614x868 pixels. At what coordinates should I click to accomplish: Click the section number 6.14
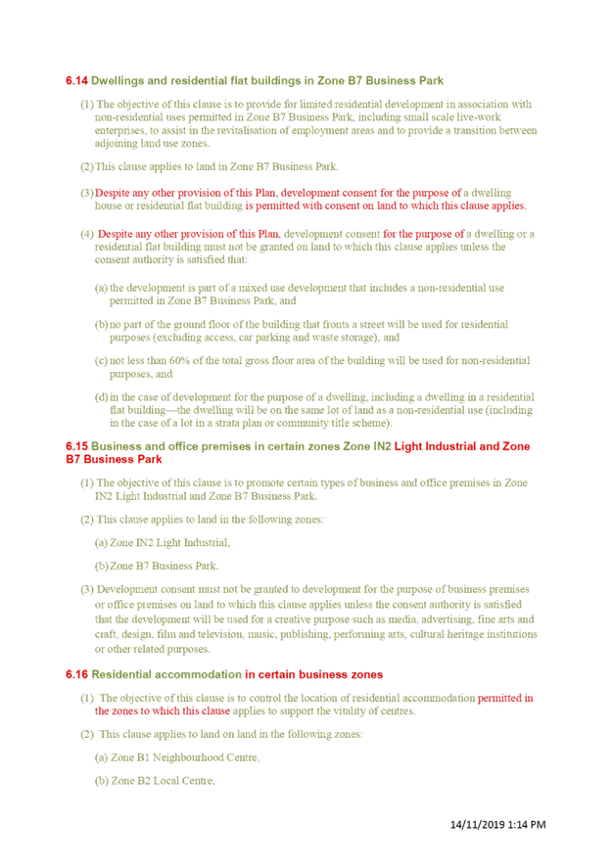click(x=76, y=81)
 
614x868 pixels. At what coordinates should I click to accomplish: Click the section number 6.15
click(x=76, y=446)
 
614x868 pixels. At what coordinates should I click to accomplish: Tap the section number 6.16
click(x=76, y=674)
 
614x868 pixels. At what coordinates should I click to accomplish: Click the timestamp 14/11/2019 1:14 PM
click(x=497, y=824)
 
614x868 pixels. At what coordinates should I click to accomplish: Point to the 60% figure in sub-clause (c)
click(x=179, y=360)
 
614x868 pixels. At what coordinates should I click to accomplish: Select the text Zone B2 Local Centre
click(x=162, y=781)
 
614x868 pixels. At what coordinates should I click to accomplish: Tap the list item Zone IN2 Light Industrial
click(x=169, y=542)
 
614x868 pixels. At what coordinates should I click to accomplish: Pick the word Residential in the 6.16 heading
click(x=121, y=674)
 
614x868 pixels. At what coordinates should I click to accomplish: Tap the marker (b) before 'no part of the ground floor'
click(x=101, y=324)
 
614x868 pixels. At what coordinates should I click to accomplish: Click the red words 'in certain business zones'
click(x=313, y=674)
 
